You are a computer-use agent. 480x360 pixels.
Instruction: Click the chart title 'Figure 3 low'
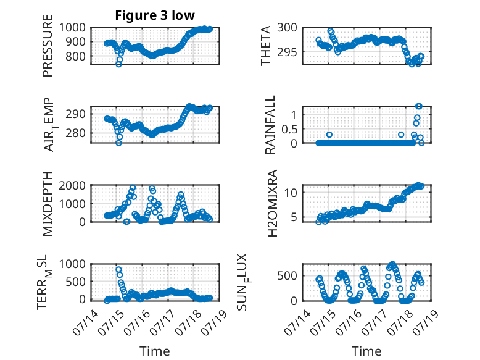tap(155, 15)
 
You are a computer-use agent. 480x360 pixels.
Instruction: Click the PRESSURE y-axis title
tap(48, 46)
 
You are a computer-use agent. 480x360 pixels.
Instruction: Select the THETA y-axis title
tap(266, 46)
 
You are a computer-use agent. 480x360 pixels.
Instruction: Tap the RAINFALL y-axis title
tap(270, 125)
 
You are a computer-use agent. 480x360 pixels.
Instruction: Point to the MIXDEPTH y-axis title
tap(48, 204)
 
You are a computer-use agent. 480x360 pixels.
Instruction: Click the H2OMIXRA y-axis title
tap(272, 203)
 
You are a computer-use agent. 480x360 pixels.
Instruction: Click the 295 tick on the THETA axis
tap(287, 52)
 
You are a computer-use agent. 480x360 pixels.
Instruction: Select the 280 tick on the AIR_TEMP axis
tap(75, 133)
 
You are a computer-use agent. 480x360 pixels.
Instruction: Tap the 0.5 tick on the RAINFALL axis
tap(289, 129)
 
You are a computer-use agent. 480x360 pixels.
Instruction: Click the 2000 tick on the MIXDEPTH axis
tap(72, 186)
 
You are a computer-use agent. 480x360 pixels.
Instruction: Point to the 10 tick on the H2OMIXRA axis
tap(291, 193)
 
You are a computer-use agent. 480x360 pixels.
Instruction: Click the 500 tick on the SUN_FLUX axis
tap(287, 276)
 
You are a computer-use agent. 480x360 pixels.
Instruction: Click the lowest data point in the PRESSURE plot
tap(118, 64)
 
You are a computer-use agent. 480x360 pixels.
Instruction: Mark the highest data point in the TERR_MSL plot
tap(119, 270)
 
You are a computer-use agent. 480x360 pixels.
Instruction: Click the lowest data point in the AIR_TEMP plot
tap(118, 143)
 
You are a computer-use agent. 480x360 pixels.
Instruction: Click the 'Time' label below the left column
tap(155, 351)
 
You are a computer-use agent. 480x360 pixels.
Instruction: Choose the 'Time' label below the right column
tap(366, 351)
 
